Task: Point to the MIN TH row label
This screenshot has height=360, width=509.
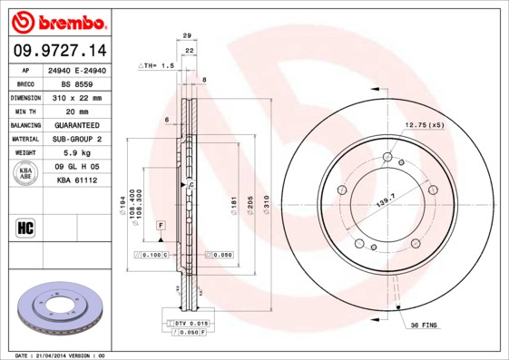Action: (24, 111)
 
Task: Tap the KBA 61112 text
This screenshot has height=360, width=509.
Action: (78, 181)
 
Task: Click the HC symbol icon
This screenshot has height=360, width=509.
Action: (25, 228)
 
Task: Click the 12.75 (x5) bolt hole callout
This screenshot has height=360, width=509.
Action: (424, 124)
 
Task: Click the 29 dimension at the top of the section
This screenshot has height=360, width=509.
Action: (187, 35)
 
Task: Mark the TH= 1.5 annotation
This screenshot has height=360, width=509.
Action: (156, 66)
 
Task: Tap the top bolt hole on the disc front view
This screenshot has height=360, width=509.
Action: (387, 158)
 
